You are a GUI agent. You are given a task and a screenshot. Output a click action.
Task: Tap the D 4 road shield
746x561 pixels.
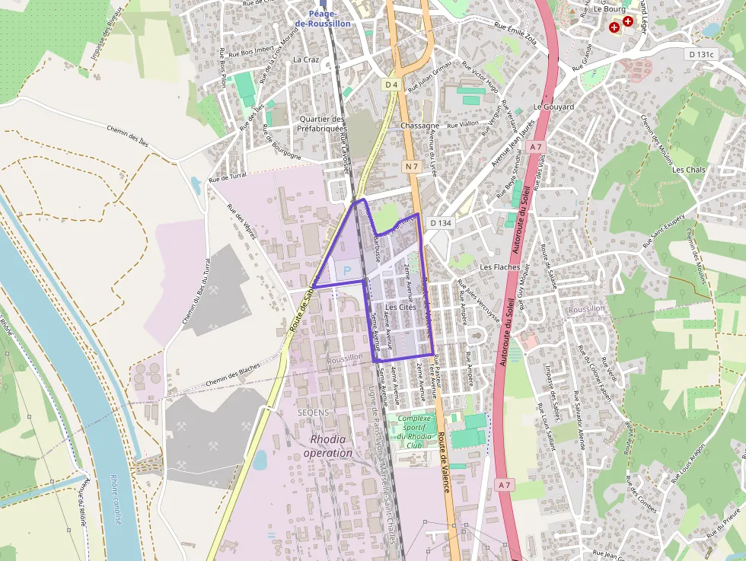(x=391, y=85)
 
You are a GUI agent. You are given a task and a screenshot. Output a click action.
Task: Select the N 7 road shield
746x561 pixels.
(x=412, y=166)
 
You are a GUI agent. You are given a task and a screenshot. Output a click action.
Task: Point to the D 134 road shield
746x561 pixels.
(x=441, y=223)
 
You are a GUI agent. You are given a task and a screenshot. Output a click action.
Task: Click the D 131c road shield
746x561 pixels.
(x=702, y=54)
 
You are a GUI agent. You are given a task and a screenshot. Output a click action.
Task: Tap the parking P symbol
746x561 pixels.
(x=348, y=270)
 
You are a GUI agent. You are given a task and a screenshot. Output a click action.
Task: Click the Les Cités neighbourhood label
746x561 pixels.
(x=401, y=307)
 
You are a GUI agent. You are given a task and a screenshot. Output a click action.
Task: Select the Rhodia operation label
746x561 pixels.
(x=328, y=446)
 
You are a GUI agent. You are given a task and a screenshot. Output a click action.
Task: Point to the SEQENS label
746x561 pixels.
(x=313, y=412)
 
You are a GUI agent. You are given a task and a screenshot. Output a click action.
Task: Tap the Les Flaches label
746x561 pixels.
(x=500, y=267)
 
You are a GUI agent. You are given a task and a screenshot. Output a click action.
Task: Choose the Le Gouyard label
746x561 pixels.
(x=553, y=107)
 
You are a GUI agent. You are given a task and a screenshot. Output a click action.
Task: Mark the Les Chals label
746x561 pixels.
(x=689, y=170)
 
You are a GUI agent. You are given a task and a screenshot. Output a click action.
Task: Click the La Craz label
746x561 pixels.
(x=306, y=59)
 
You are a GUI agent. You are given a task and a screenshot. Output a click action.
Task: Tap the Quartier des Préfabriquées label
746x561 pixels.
(x=323, y=124)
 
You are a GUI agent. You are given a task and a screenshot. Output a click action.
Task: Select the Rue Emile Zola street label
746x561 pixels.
(x=515, y=35)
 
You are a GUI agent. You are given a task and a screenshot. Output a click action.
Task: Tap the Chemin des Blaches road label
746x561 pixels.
(x=233, y=370)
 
